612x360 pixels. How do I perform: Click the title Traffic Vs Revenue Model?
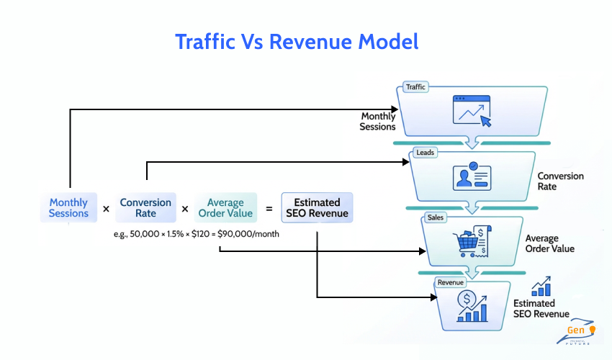(297, 41)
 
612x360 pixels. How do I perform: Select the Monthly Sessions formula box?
(68, 208)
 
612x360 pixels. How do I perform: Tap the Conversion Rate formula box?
(145, 208)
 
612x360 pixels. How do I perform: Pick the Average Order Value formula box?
(225, 208)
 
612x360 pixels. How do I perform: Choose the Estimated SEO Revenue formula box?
(317, 208)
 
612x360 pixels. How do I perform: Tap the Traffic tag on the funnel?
(415, 87)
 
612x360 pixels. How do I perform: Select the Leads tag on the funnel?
(424, 153)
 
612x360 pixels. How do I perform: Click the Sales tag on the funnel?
(435, 217)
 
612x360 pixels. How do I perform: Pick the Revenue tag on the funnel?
(451, 282)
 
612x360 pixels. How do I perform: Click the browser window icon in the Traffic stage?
(472, 112)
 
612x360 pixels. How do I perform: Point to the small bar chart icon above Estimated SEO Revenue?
(541, 286)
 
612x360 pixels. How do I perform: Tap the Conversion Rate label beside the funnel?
(560, 181)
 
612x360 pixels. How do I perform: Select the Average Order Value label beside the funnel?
(549, 243)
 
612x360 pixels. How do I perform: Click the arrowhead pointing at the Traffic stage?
(394, 110)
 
